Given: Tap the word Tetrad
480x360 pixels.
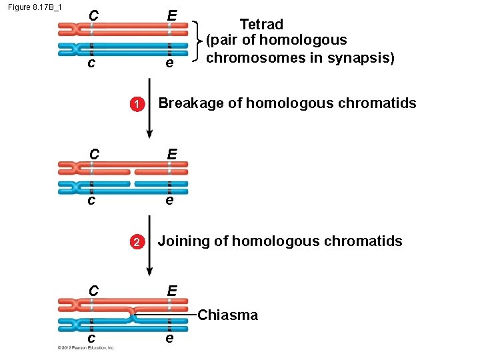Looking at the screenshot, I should pyautogui.click(x=261, y=25).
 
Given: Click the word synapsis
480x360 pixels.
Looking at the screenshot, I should pyautogui.click(x=363, y=58).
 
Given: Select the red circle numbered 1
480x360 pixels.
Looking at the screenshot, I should pyautogui.click(x=135, y=104).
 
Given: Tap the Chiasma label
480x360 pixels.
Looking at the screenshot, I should pyautogui.click(x=228, y=315).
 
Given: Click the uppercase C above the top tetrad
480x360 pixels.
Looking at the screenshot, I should pyautogui.click(x=94, y=15).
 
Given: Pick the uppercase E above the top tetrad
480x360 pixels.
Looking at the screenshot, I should pyautogui.click(x=172, y=15).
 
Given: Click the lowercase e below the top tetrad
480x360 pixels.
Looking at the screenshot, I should pyautogui.click(x=170, y=63).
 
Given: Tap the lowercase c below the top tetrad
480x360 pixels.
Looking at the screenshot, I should pyautogui.click(x=91, y=63).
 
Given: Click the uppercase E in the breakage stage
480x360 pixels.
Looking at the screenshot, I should pyautogui.click(x=172, y=153).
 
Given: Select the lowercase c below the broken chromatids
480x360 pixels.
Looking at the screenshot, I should pyautogui.click(x=91, y=199).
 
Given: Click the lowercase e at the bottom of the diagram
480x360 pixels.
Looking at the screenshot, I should pyautogui.click(x=170, y=338).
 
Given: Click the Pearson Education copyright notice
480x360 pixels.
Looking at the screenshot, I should pyautogui.click(x=86, y=347).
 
